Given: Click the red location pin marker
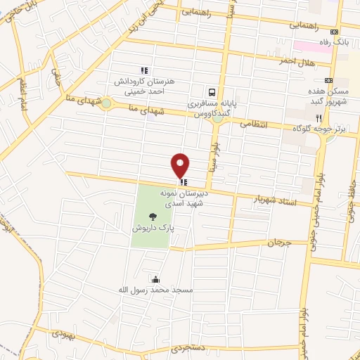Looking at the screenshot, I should (x=181, y=165).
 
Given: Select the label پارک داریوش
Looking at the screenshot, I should (x=152, y=229).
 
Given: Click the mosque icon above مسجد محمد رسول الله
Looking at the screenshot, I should (x=155, y=279).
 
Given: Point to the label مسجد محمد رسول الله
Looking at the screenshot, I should (x=155, y=290).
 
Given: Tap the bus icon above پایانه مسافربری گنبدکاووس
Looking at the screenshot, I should (x=211, y=92).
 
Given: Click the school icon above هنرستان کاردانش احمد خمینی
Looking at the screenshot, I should (x=144, y=70).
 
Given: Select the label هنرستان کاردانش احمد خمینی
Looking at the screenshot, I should (x=144, y=85).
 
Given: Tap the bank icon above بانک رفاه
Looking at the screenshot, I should (x=335, y=32).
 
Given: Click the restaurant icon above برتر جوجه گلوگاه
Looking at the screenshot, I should (x=319, y=117).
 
